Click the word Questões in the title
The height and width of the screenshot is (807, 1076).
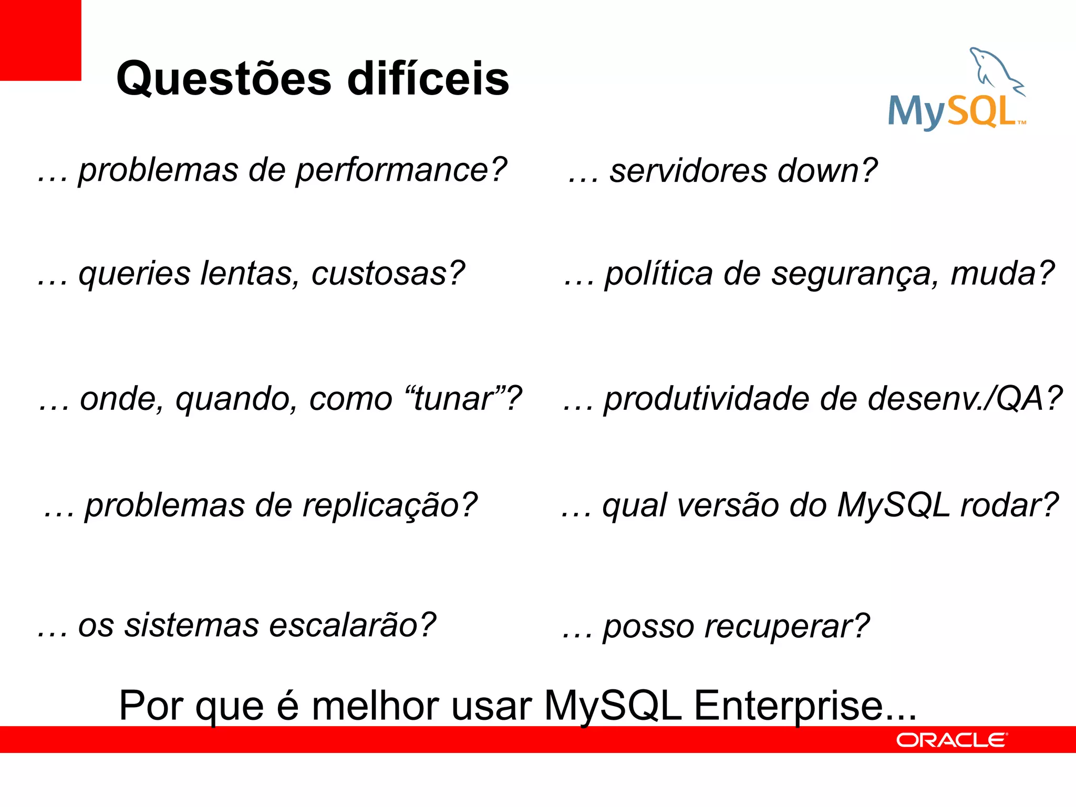click(224, 79)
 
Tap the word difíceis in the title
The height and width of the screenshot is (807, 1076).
click(428, 79)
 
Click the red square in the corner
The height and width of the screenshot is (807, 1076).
click(40, 40)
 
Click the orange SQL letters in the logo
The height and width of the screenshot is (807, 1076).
click(982, 111)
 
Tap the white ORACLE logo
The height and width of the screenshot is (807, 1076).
click(951, 740)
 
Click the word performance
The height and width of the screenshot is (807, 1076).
click(400, 171)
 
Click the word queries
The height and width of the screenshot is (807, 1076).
click(134, 274)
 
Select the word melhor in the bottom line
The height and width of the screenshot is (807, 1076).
click(375, 706)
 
